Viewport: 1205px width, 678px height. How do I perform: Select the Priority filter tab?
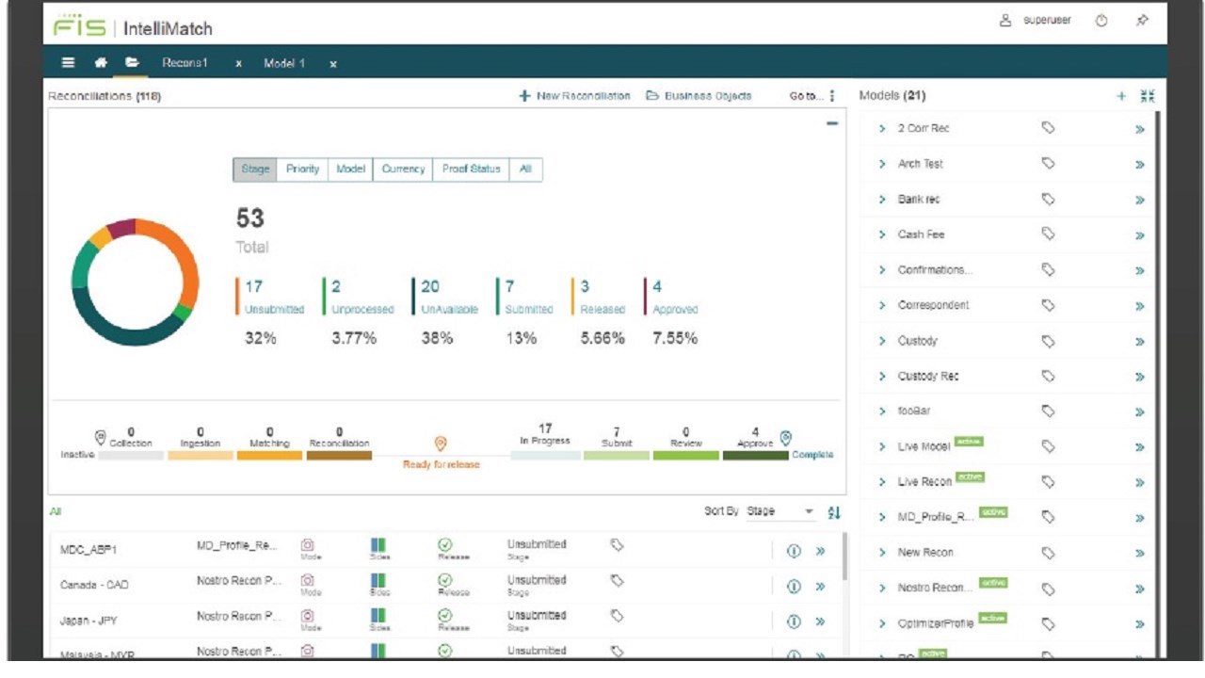click(302, 169)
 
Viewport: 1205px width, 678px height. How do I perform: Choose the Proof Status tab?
click(471, 169)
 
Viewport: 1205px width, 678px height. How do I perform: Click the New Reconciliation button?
click(575, 96)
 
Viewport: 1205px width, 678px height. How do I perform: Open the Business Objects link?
click(699, 96)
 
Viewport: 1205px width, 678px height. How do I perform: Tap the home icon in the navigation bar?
click(101, 63)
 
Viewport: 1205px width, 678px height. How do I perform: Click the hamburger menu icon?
click(69, 63)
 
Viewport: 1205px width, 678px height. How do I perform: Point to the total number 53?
click(249, 218)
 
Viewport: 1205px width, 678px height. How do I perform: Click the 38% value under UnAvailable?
click(437, 339)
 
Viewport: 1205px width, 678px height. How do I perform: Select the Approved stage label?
click(675, 309)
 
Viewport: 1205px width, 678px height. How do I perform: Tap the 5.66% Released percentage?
click(602, 339)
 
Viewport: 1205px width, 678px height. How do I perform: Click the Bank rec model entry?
click(918, 200)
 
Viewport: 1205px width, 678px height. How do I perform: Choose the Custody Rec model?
click(927, 377)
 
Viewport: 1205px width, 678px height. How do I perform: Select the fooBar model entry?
click(915, 412)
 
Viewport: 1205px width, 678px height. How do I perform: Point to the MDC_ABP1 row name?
click(88, 550)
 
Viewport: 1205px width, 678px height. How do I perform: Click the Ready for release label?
click(441, 464)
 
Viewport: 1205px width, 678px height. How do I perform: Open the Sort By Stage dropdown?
click(779, 511)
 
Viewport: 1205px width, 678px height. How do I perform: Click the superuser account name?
click(1047, 21)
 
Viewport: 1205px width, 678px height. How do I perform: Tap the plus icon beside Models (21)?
click(1121, 96)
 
